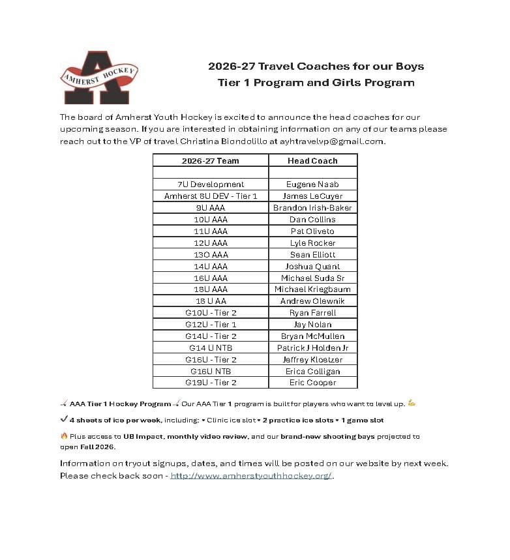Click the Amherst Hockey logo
pyautogui.click(x=98, y=77)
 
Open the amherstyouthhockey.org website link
pyautogui.click(x=252, y=475)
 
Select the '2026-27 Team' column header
pyautogui.click(x=210, y=160)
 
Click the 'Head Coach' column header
pyautogui.click(x=312, y=160)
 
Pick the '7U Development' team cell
pyautogui.click(x=210, y=184)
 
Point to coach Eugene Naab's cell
pyautogui.click(x=312, y=184)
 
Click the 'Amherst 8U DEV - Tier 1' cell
pyautogui.click(x=210, y=196)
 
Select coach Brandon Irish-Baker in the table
pyautogui.click(x=312, y=208)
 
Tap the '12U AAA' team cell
pyautogui.click(x=210, y=243)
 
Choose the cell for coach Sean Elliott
pyautogui.click(x=312, y=255)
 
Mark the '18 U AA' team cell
pyautogui.click(x=210, y=301)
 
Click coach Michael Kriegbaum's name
pyautogui.click(x=312, y=289)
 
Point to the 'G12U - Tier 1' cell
pyautogui.click(x=210, y=325)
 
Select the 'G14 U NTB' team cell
pyautogui.click(x=210, y=348)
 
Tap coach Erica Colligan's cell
pyautogui.click(x=312, y=372)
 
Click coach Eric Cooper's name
pyautogui.click(x=312, y=383)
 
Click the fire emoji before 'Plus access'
pyautogui.click(x=64, y=435)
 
